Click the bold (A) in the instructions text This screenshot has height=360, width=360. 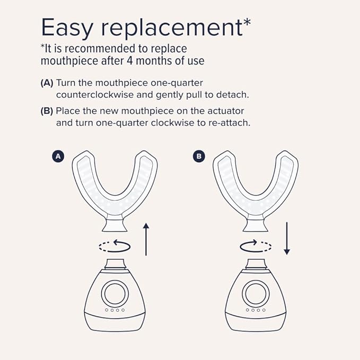pyautogui.click(x=47, y=83)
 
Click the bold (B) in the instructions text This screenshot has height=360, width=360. pyautogui.click(x=47, y=111)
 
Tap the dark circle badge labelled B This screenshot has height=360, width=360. pyautogui.click(x=199, y=156)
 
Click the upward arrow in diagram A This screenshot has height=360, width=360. pyautogui.click(x=146, y=240)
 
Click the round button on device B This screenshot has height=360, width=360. pyautogui.click(x=256, y=292)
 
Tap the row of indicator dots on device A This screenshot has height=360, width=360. pyautogui.click(x=115, y=310)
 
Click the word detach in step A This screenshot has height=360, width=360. pyautogui.click(x=235, y=95)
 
